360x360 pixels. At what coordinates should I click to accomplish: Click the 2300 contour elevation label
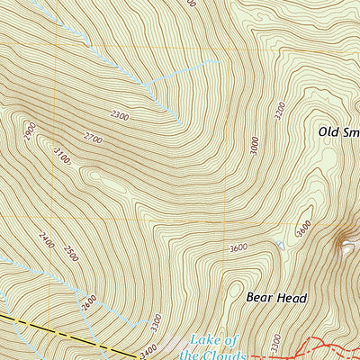click(120, 114)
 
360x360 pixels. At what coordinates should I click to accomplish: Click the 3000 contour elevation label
click(255, 145)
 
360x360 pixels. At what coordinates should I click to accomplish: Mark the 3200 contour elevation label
click(280, 111)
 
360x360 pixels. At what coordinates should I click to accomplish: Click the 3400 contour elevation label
click(148, 346)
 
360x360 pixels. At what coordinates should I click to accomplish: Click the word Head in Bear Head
click(292, 297)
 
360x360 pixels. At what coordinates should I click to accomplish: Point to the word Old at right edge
click(328, 131)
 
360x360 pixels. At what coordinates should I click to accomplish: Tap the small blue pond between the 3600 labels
click(280, 244)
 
